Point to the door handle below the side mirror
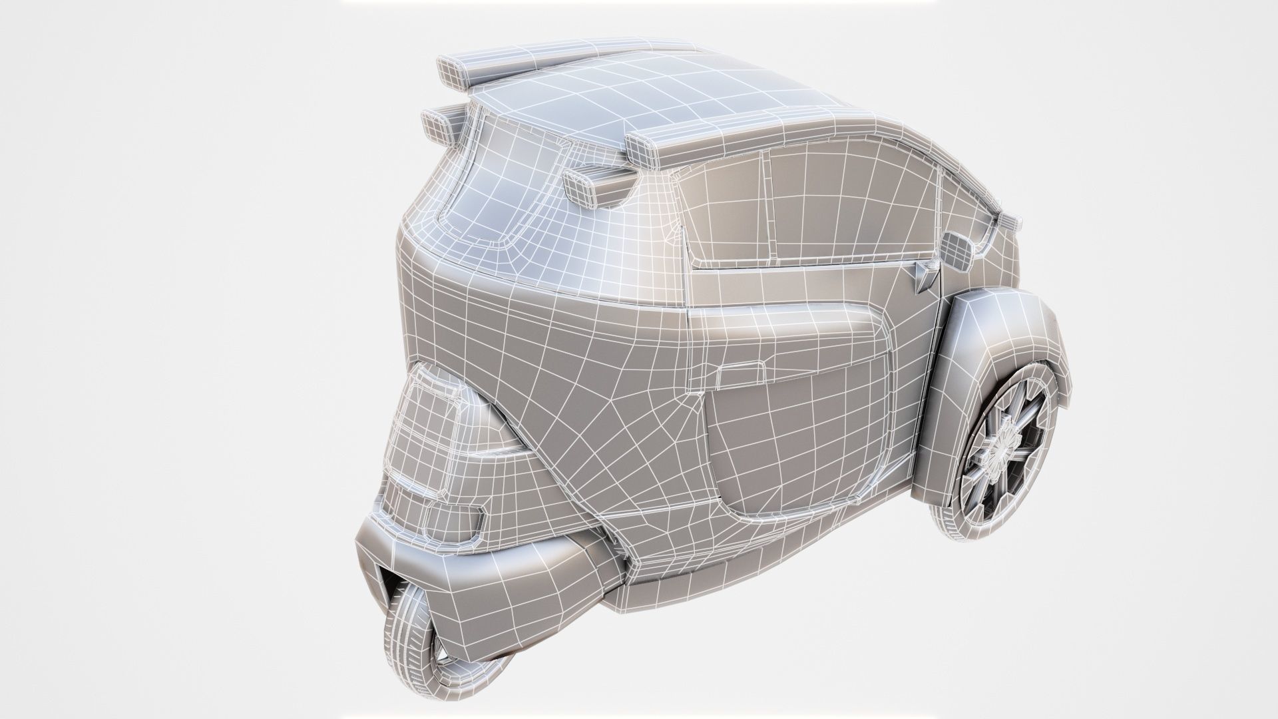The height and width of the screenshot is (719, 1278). click(925, 272)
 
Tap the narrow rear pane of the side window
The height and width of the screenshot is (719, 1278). click(726, 210)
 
